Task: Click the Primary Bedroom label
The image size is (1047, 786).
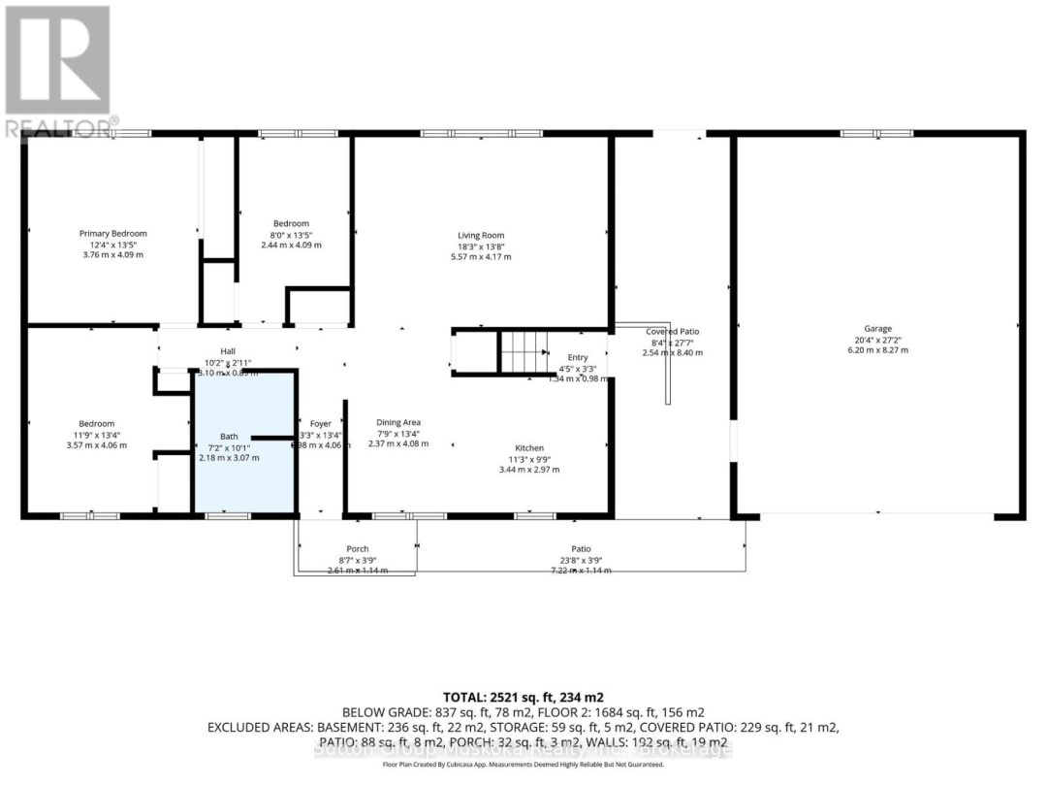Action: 112,233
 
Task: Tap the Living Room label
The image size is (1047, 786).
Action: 481,235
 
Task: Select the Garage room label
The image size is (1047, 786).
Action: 878,328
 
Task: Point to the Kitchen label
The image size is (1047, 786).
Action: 528,447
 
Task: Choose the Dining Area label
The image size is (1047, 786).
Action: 397,422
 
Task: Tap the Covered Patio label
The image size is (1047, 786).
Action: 672,331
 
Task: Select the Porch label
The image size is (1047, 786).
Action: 358,549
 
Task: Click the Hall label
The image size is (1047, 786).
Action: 226,351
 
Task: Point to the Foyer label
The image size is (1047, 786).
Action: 320,422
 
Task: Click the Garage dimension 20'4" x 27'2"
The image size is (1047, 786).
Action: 878,340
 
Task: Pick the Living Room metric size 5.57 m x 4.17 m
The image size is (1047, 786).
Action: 481,256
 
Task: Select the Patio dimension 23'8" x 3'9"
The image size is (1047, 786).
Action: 580,560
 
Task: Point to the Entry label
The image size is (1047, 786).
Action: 577,358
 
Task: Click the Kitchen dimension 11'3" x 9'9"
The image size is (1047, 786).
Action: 528,459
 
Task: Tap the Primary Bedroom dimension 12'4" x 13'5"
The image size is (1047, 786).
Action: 112,245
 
